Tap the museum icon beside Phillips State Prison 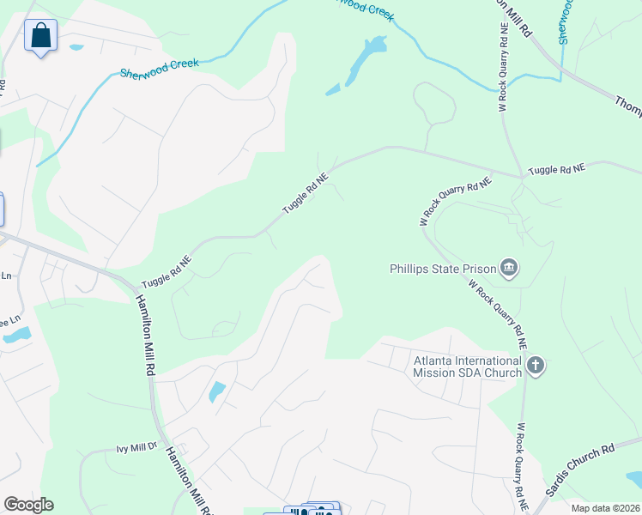[x=509, y=269]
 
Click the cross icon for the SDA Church [x=536, y=366]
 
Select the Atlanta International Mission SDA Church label [x=468, y=367]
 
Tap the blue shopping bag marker [x=40, y=37]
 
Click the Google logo [x=28, y=504]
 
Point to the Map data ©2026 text [x=605, y=508]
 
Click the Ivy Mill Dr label [x=137, y=448]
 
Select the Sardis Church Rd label [x=581, y=472]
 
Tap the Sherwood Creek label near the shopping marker [x=160, y=68]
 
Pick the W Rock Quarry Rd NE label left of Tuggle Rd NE [x=455, y=201]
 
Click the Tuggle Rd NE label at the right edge [x=556, y=170]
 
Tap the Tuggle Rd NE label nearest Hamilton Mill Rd [x=167, y=270]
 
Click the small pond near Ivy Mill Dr [x=217, y=391]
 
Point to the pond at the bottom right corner [x=634, y=478]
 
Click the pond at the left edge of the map [x=16, y=335]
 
